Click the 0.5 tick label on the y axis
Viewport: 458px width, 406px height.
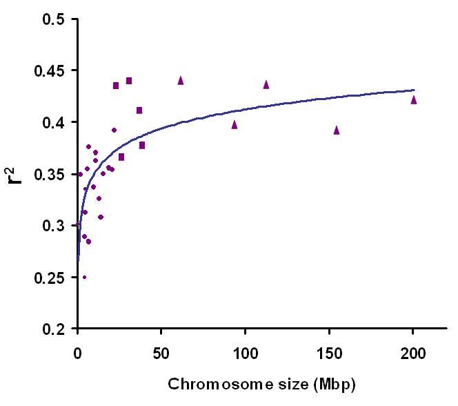(53, 19)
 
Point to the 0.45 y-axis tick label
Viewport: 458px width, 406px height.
(49, 70)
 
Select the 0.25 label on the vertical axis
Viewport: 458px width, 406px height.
(49, 278)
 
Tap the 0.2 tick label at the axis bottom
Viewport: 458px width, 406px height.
(53, 329)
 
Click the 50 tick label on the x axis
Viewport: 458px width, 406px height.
(161, 354)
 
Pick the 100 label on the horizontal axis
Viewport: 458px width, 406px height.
(246, 354)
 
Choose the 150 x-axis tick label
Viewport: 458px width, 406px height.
(330, 354)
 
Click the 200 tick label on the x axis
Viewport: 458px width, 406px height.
(413, 354)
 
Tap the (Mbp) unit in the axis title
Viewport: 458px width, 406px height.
(335, 385)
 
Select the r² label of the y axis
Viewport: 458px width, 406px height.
(14, 175)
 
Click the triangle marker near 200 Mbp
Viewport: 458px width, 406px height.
(414, 99)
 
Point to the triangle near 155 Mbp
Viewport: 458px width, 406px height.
(337, 130)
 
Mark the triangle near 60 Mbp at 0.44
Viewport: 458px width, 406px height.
(181, 80)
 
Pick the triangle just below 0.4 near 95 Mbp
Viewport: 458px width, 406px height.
(235, 124)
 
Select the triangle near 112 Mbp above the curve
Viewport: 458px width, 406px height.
(266, 84)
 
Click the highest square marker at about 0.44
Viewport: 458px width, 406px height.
(129, 81)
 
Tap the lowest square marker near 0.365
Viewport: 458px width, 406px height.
(121, 157)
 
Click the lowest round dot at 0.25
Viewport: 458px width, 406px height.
(84, 277)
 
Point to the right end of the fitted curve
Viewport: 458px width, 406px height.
(415, 90)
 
